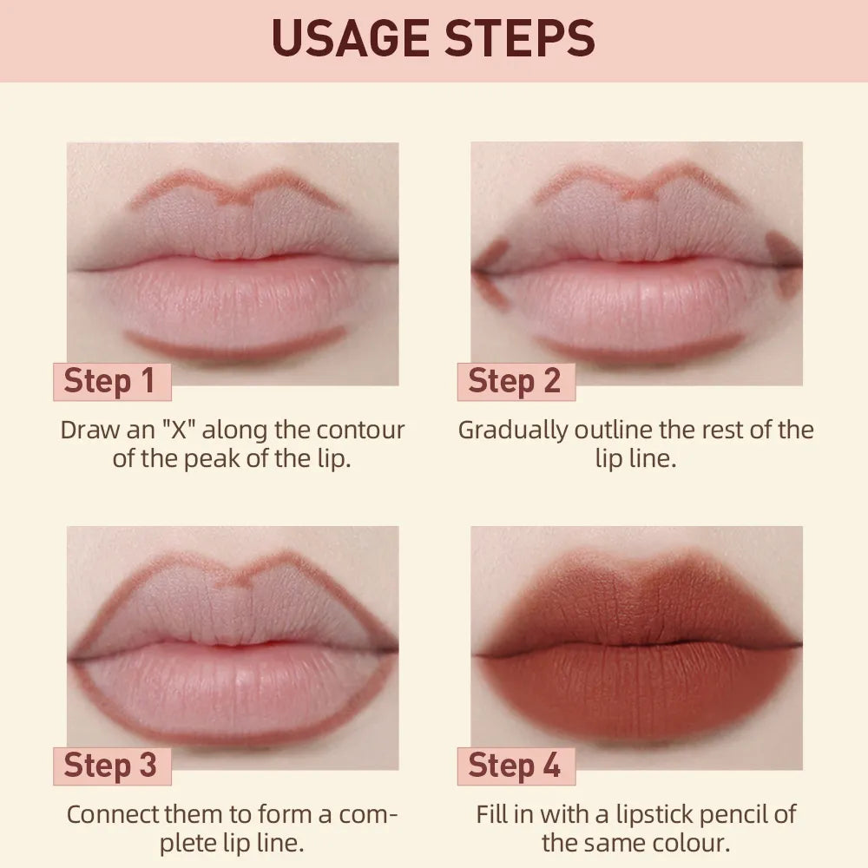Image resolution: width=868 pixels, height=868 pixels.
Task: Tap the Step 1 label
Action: tap(110, 381)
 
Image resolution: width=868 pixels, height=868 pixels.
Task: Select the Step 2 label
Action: tap(515, 381)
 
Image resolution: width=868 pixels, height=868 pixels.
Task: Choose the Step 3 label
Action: tap(110, 766)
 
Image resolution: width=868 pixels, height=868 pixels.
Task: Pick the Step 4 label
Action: tap(515, 766)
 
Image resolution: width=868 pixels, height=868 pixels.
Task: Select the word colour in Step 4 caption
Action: tap(692, 842)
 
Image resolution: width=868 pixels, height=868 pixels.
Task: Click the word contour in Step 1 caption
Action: tap(360, 430)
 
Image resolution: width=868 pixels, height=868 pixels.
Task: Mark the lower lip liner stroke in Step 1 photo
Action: tap(234, 349)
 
